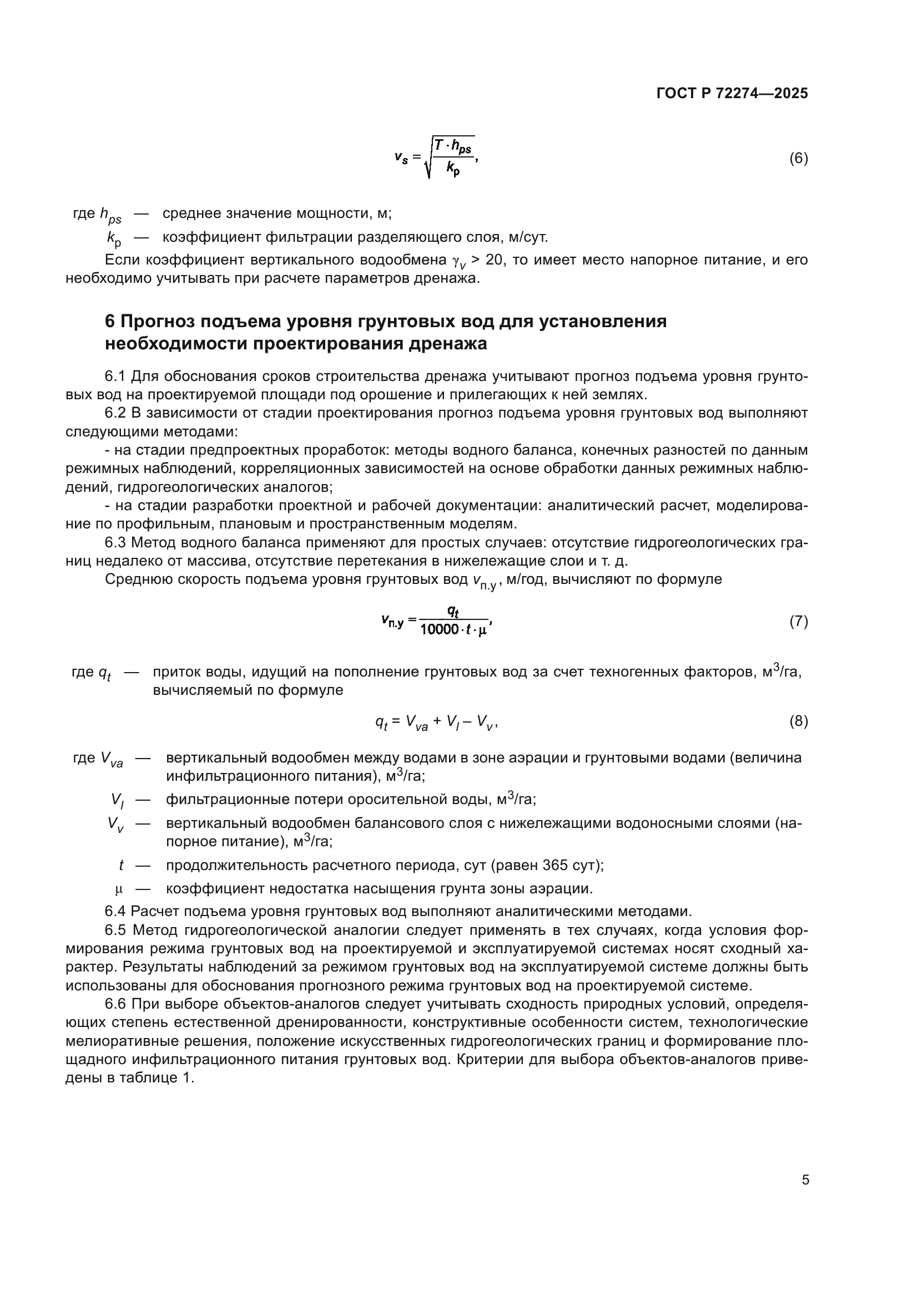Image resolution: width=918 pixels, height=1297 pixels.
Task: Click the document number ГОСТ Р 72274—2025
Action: [x=732, y=94]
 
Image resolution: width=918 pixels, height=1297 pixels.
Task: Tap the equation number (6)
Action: [x=798, y=159]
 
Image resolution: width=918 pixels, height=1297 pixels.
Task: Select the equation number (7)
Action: [x=798, y=622]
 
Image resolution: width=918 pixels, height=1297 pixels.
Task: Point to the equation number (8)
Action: [x=798, y=721]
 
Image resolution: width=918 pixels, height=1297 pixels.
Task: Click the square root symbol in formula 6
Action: [x=428, y=159]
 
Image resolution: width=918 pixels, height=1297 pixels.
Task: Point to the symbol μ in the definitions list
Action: [x=119, y=889]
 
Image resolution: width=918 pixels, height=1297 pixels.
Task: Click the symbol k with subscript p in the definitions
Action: [x=114, y=238]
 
